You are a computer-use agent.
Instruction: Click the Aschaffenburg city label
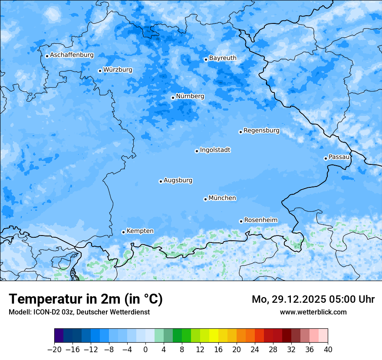tap(72, 55)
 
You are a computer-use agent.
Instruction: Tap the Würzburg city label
tap(118, 70)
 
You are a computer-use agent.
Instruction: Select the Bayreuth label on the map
tap(223, 58)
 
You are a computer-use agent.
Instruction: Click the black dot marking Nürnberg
tap(173, 98)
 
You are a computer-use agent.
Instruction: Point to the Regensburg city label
tap(261, 131)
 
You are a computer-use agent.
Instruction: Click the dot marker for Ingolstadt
tap(197, 151)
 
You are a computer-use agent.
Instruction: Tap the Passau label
tap(339, 157)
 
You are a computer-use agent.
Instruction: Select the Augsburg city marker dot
tap(161, 181)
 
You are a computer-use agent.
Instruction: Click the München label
tap(222, 198)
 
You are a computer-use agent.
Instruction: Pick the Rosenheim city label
tap(260, 220)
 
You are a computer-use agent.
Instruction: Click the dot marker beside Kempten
tap(123, 232)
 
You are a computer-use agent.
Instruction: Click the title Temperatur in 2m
tap(86, 299)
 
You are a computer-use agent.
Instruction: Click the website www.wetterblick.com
tap(313, 312)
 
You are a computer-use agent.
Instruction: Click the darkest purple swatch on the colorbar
tap(59, 336)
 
